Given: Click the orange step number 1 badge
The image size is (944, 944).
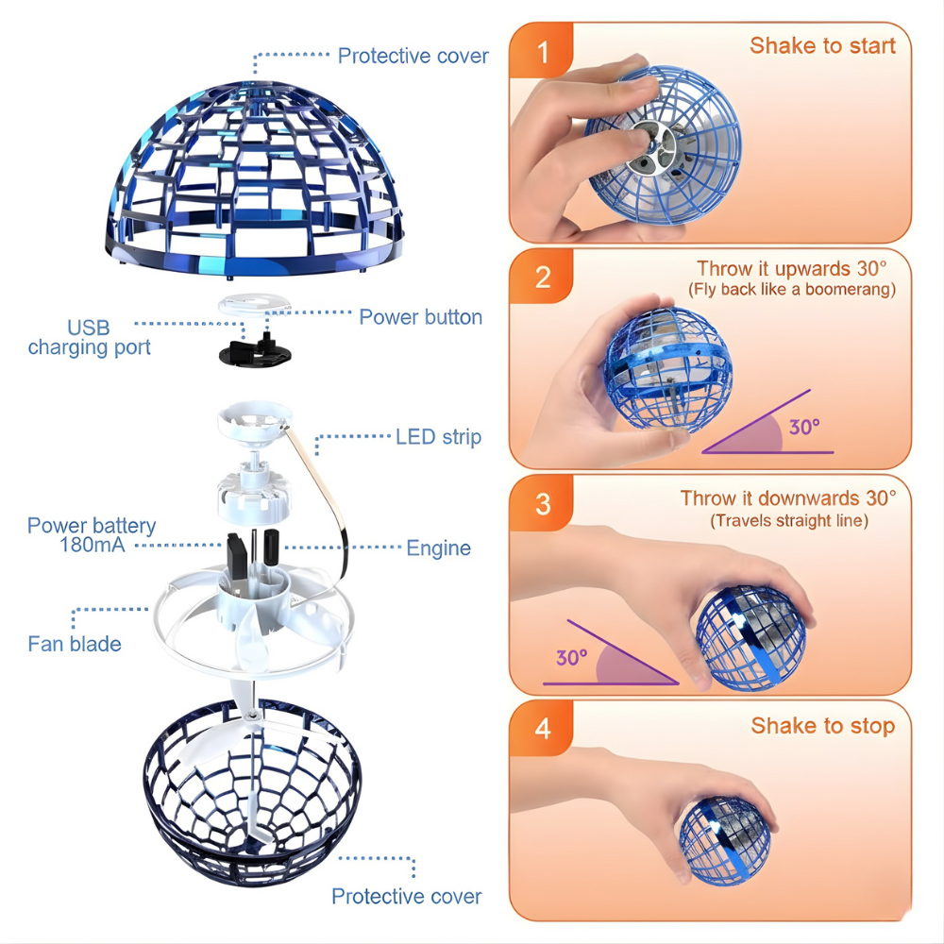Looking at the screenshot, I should [x=542, y=52].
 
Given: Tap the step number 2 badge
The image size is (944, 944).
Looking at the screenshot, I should [x=542, y=277].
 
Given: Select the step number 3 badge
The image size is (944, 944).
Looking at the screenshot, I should [x=542, y=503].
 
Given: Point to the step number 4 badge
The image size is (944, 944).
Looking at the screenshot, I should [x=542, y=729].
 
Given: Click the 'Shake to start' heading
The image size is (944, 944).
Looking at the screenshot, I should [x=822, y=45].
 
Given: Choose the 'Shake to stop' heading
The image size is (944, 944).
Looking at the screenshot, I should [x=822, y=725].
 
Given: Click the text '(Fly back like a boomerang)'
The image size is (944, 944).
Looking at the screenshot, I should [x=791, y=289].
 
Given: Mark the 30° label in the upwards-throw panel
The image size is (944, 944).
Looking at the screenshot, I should [x=803, y=427].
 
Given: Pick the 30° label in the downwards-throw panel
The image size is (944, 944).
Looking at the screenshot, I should [x=571, y=657].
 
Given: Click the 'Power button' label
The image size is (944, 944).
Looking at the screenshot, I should [x=420, y=317].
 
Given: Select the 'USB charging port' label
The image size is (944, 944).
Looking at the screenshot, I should [x=89, y=338].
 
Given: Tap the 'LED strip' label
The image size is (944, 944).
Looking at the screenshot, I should [x=438, y=436].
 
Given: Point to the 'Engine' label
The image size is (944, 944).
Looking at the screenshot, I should [x=438, y=548].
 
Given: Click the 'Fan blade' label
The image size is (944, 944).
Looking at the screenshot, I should [x=75, y=644].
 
